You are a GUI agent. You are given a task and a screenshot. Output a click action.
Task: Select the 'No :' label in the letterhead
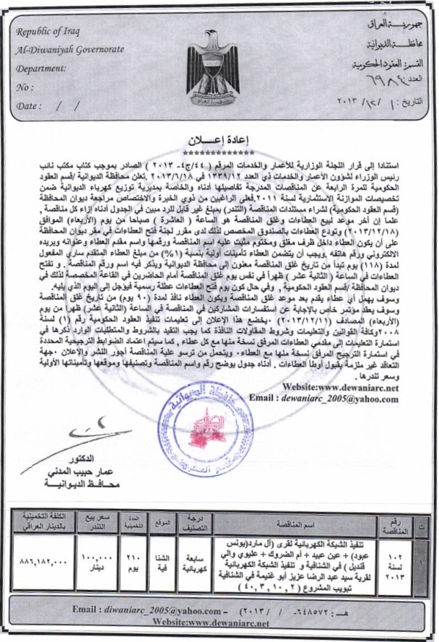tap(26, 90)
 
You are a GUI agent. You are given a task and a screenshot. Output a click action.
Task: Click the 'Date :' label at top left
tap(32, 110)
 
